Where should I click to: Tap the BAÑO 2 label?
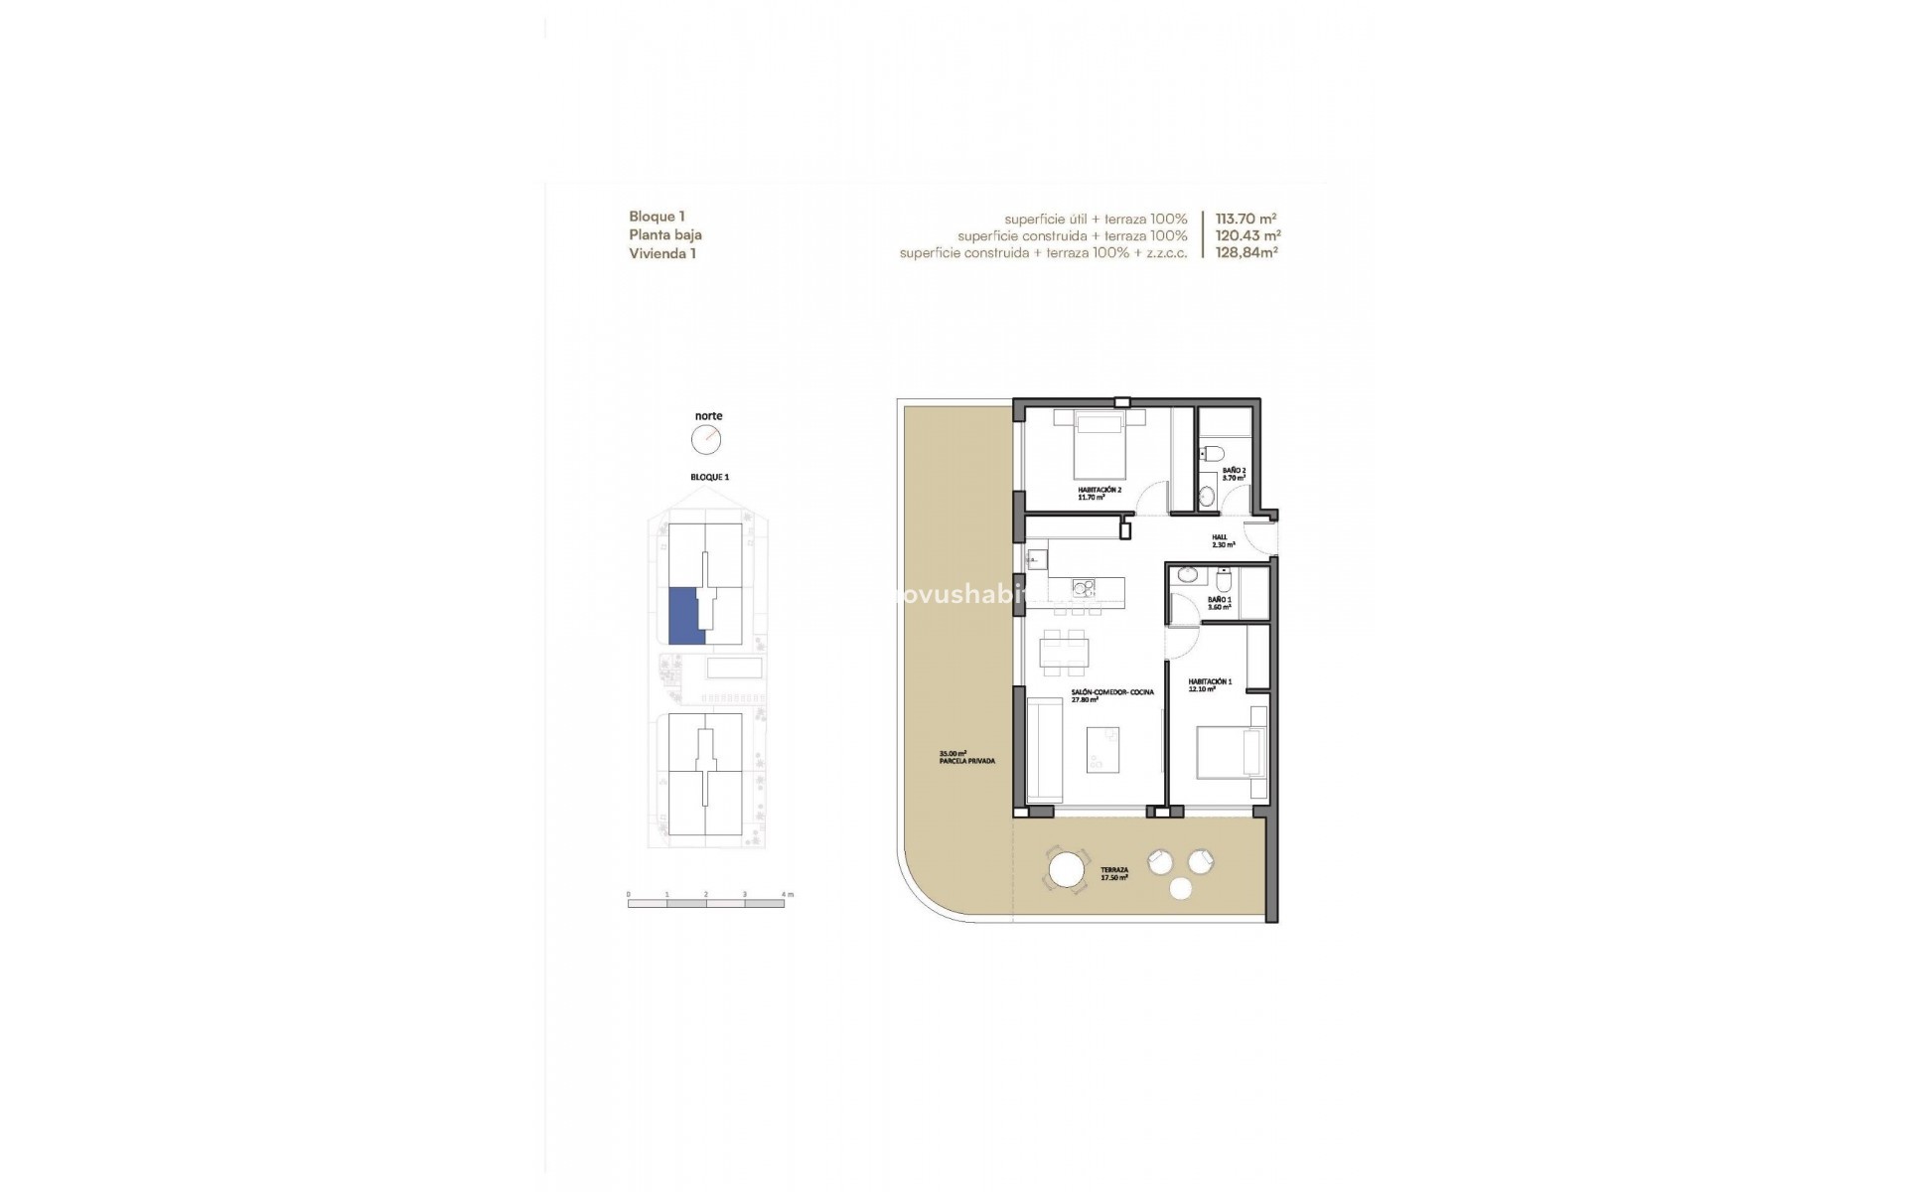tap(1234, 474)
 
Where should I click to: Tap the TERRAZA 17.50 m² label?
tap(1113, 873)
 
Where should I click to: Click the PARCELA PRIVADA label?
tap(966, 757)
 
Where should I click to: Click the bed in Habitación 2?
tap(1100, 444)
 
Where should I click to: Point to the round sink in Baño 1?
tap(1186, 575)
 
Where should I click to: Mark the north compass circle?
tap(706, 439)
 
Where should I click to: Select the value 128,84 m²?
tap(1246, 253)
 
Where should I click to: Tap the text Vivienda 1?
tap(661, 253)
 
